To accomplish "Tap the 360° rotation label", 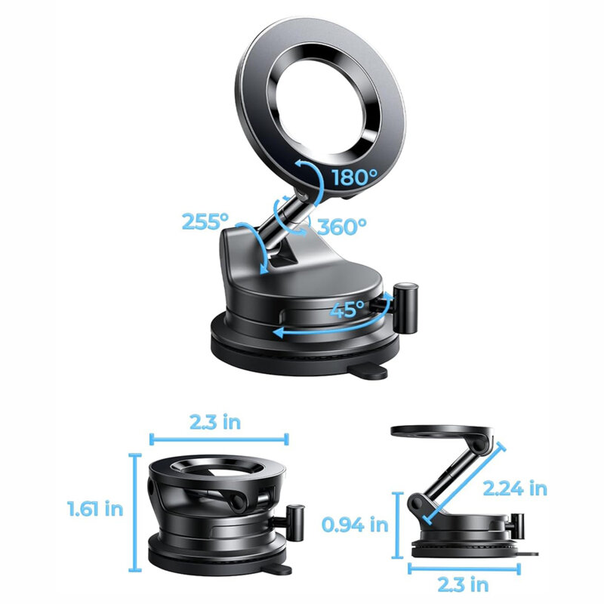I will [x=341, y=226].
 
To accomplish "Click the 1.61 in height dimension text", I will [x=94, y=509].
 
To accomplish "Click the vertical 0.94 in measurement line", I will [x=399, y=522].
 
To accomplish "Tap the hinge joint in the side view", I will [x=418, y=504].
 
